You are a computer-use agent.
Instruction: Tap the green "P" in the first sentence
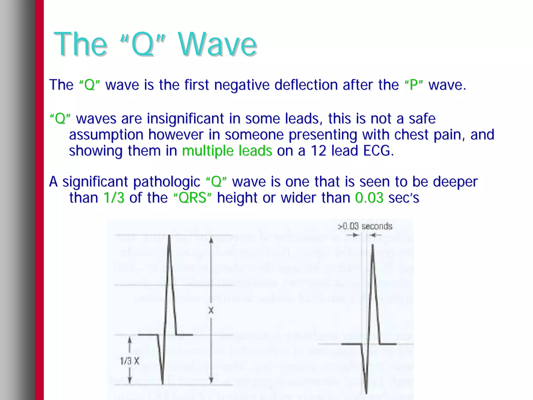(x=414, y=85)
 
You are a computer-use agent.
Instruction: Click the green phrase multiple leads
(x=227, y=151)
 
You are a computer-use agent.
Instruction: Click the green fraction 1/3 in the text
(x=114, y=198)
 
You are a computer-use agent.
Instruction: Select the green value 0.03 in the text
(x=369, y=198)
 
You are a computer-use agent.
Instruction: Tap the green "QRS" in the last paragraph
(x=193, y=198)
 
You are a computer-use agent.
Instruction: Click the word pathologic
(x=167, y=182)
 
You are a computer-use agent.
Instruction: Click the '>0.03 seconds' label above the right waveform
(x=365, y=226)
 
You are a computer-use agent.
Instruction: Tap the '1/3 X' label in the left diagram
(x=130, y=361)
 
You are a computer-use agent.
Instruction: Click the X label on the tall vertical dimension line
(x=211, y=310)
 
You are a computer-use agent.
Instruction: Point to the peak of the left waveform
(x=169, y=235)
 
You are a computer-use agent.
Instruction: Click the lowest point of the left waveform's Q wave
(x=163, y=384)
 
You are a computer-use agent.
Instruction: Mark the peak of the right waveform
(x=373, y=245)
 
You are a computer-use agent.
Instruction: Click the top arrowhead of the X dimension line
(x=211, y=239)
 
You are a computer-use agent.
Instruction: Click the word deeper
(x=455, y=182)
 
